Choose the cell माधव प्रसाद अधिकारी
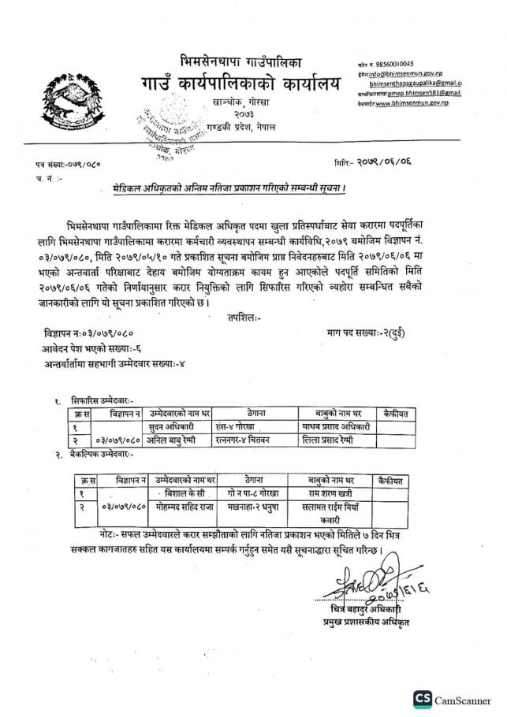pyautogui.click(x=337, y=427)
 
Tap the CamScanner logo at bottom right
pyautogui.click(x=457, y=700)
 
